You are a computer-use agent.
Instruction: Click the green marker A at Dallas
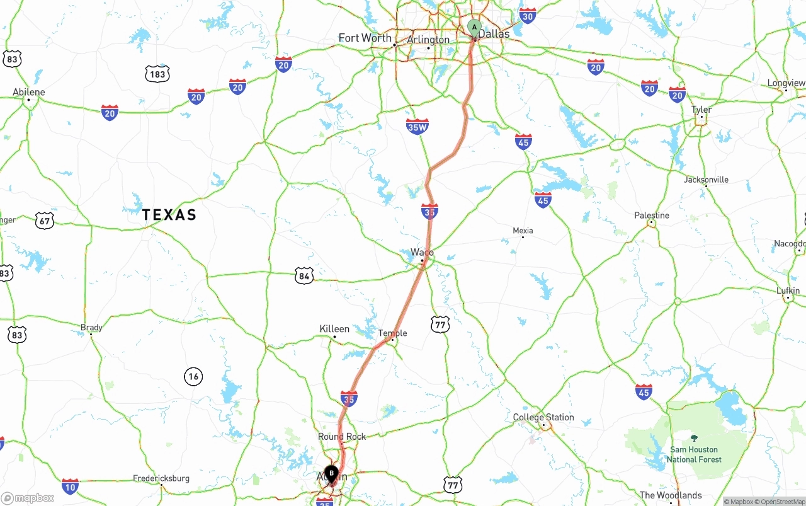click(x=474, y=28)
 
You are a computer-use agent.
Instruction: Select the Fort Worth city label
click(x=365, y=38)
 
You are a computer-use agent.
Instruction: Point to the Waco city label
click(x=422, y=252)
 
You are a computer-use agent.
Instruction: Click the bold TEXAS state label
click(x=169, y=215)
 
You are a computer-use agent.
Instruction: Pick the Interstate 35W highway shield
click(x=417, y=127)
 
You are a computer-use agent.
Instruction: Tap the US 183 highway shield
click(x=157, y=74)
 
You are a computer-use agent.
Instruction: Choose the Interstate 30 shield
click(x=528, y=16)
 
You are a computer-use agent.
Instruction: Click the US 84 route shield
click(x=304, y=275)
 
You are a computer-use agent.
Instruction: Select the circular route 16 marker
click(x=193, y=377)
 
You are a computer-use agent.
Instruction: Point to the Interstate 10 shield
click(x=71, y=486)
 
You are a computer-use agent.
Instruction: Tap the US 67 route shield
click(x=44, y=221)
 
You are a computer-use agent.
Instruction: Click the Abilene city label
click(x=29, y=92)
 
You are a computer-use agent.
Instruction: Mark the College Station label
click(x=543, y=417)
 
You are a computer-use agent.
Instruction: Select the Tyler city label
click(x=701, y=110)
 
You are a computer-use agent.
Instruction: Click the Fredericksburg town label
click(x=161, y=478)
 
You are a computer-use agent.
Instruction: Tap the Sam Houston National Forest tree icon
click(x=694, y=438)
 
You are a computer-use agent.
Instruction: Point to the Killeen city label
click(x=334, y=329)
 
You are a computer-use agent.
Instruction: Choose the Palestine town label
click(x=652, y=216)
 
